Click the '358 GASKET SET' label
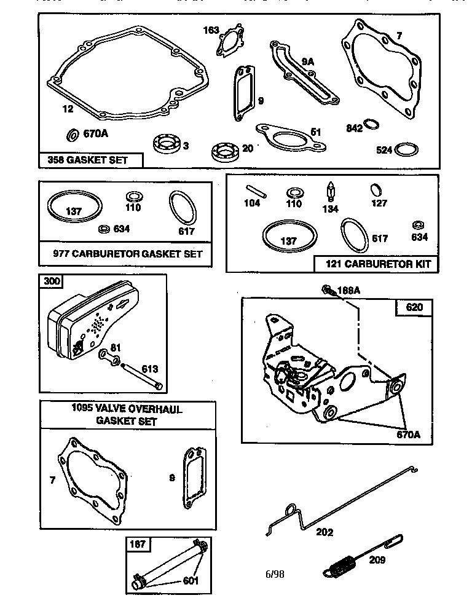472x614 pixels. point(88,160)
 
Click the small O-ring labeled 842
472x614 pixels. point(371,125)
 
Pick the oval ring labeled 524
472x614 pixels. point(406,149)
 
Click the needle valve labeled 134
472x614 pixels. point(331,192)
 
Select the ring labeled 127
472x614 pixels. point(377,189)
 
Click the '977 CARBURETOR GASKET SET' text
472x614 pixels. point(127,253)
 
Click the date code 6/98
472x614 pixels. point(275,574)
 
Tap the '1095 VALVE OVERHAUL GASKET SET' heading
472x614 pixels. point(127,415)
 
